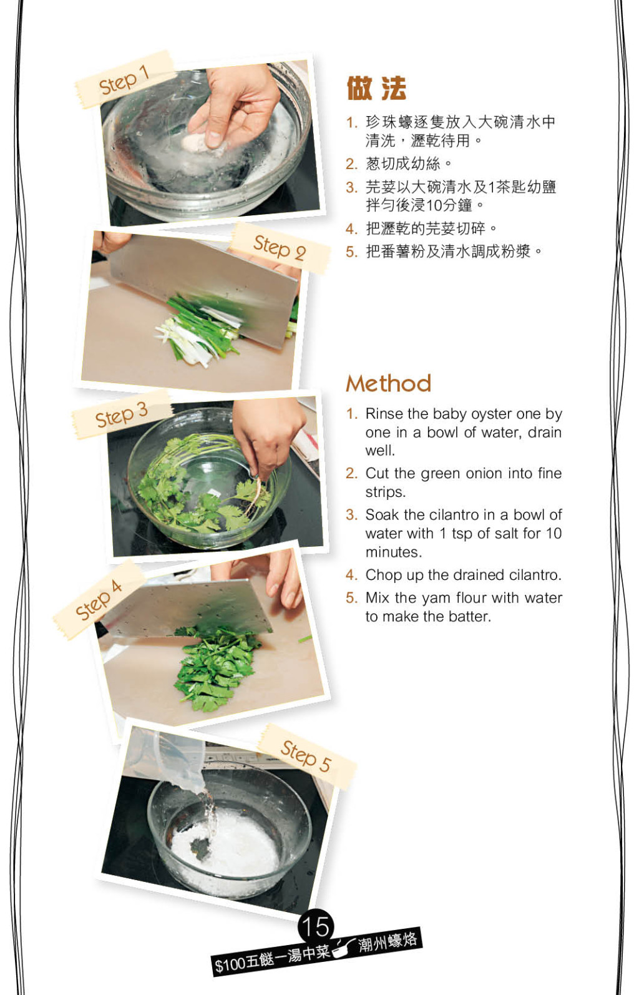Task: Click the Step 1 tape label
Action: pos(124,80)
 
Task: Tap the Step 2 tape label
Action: pos(280,247)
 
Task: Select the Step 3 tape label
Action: pos(121,414)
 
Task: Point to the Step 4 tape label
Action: pos(99,600)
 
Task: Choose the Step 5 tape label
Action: pos(306,757)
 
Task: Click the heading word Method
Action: pos(389,383)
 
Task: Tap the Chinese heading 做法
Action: pos(376,88)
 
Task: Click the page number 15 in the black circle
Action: pos(316,926)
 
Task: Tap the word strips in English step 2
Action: pos(385,493)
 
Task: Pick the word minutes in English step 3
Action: pos(393,552)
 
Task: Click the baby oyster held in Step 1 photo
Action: pos(195,143)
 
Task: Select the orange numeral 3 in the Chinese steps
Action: pos(351,187)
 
